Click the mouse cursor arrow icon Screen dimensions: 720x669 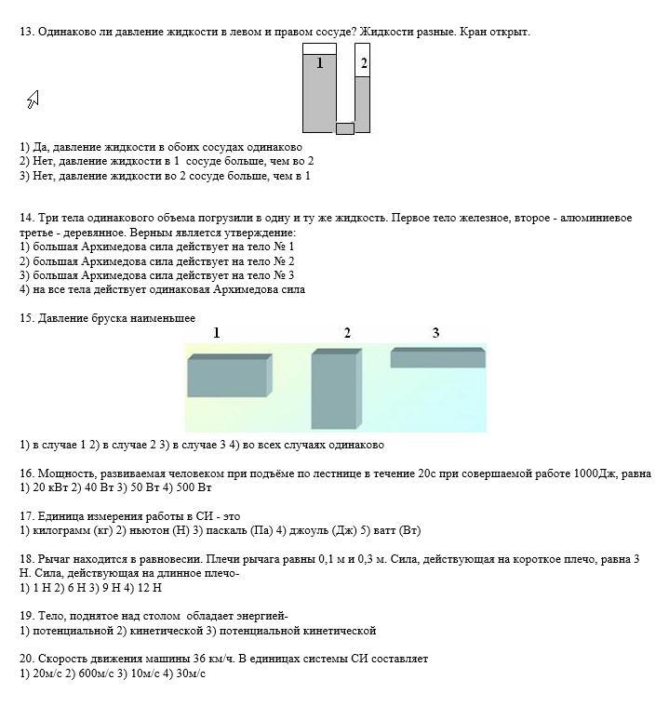[33, 100]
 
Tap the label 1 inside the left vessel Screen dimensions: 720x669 [319, 63]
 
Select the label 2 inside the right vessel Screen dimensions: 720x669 [364, 63]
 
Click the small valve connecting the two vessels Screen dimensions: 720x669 [344, 128]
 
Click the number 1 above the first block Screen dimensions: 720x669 [217, 332]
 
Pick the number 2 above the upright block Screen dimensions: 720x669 [347, 333]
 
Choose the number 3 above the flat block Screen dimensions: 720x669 [435, 332]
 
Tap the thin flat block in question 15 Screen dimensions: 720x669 [437, 358]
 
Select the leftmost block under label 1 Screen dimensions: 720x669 [229, 376]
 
